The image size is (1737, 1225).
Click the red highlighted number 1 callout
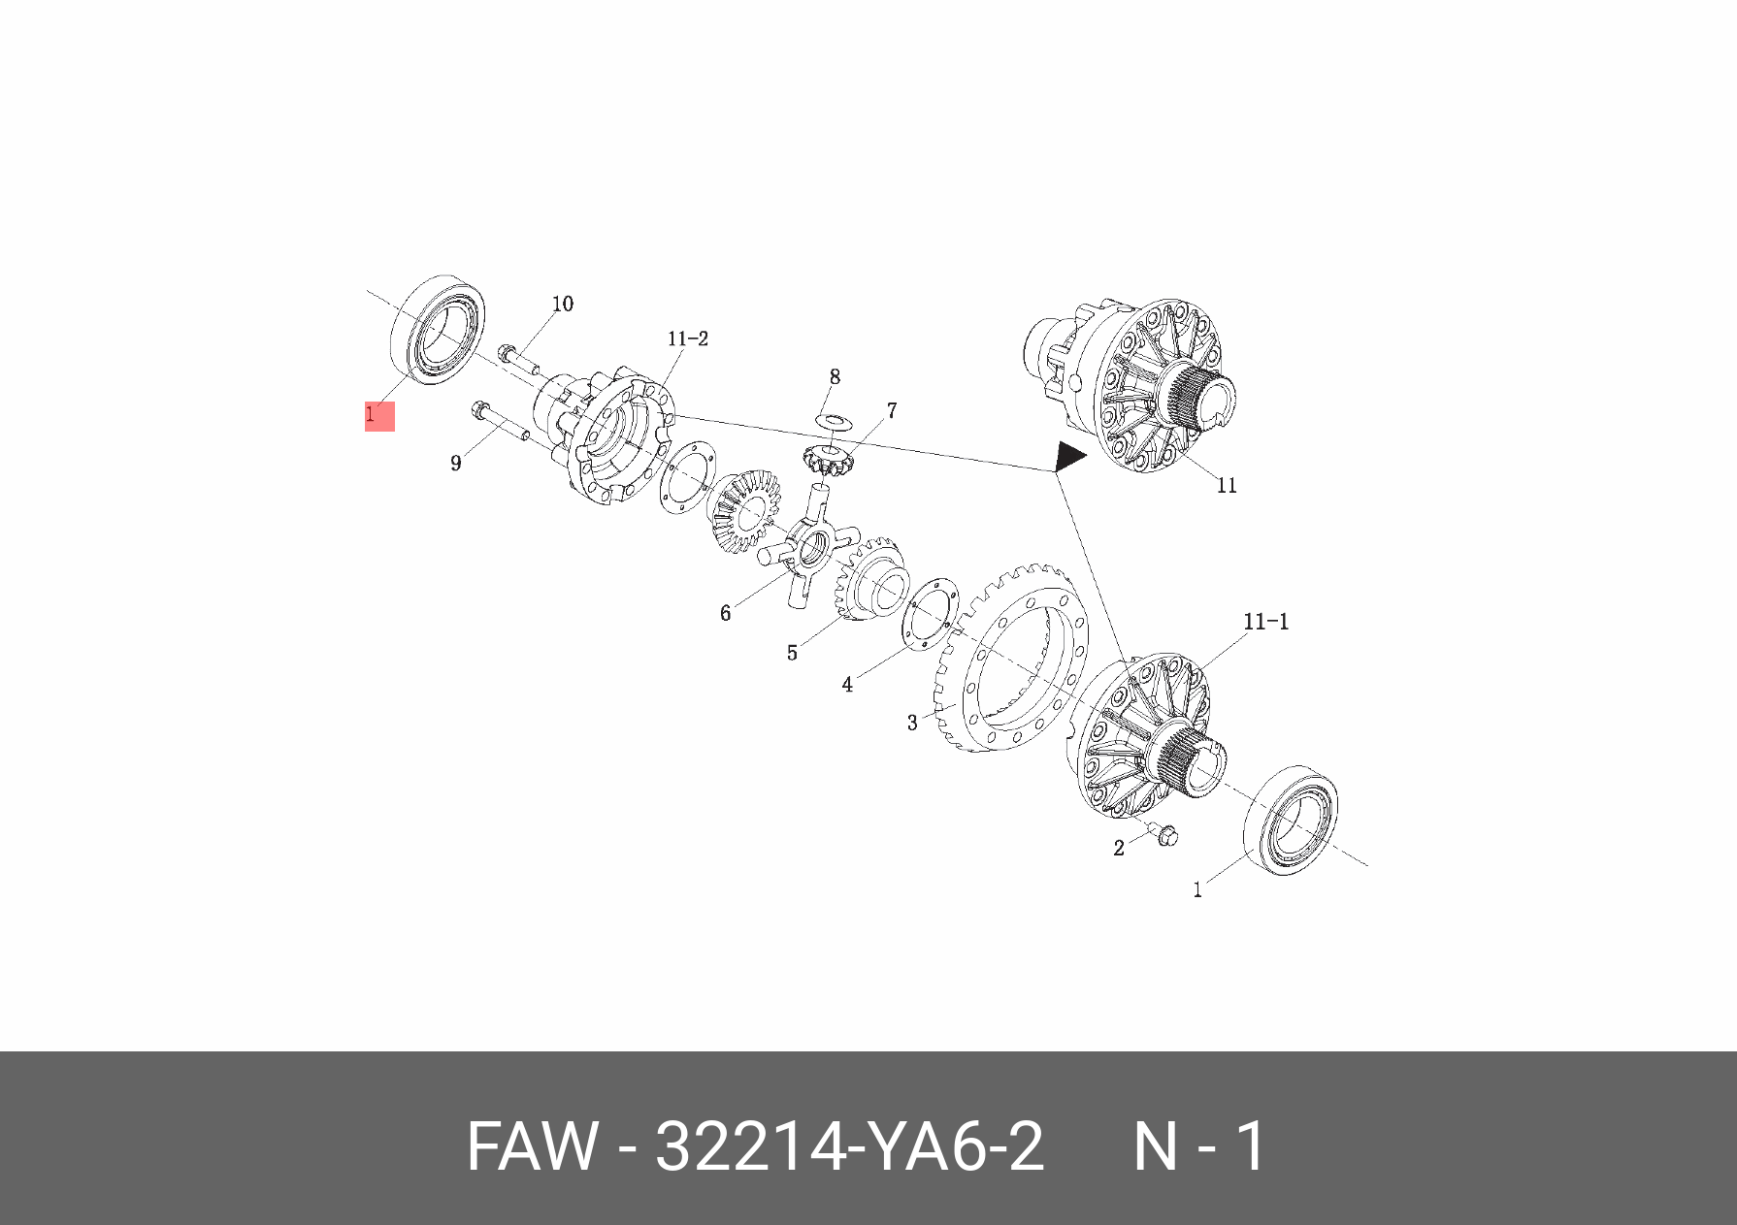[378, 415]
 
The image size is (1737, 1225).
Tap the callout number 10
[563, 305]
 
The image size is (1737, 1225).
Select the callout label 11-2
[687, 338]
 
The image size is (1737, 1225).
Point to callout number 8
[835, 376]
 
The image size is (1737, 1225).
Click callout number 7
[892, 410]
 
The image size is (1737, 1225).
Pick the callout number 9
[456, 464]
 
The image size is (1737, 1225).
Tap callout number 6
[725, 613]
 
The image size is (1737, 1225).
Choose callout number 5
[792, 653]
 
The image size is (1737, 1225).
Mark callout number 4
[847, 685]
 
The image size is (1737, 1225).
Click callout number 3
[912, 723]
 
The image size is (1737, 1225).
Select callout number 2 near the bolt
[1119, 848]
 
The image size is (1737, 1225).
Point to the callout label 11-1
[1266, 622]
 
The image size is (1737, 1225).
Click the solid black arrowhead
[1069, 456]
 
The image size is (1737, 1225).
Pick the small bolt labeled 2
[1164, 834]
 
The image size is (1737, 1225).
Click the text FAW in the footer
[532, 1146]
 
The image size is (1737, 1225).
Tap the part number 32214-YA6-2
[849, 1146]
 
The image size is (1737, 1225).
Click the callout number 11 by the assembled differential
[1227, 486]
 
